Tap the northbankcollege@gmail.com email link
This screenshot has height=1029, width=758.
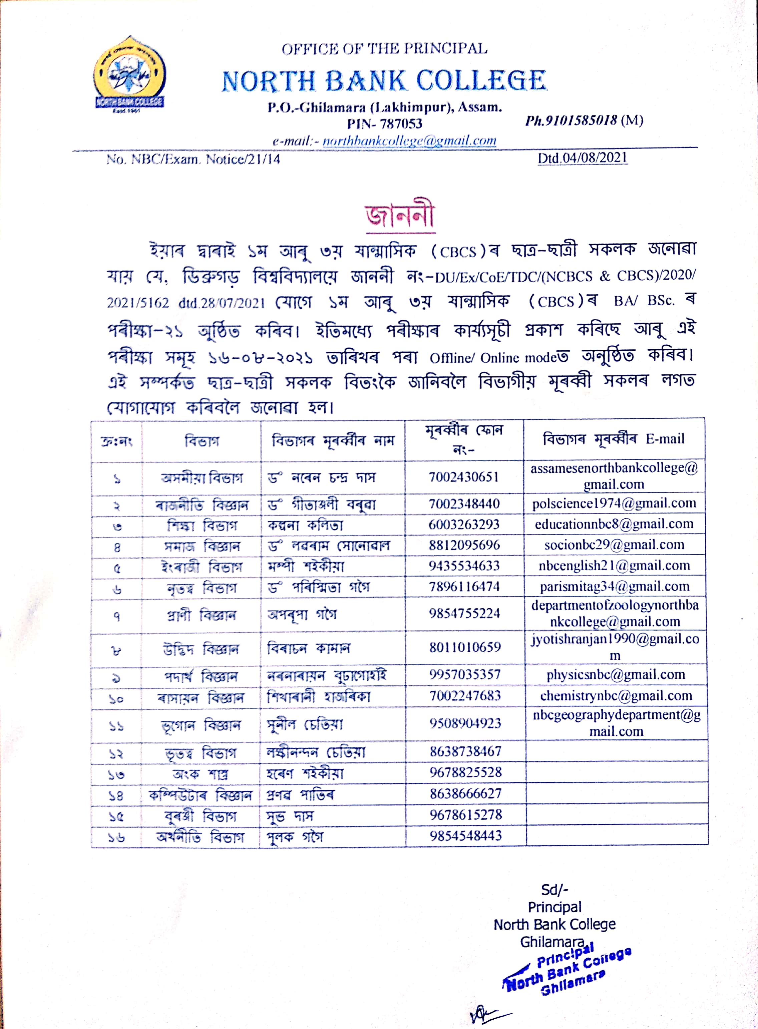(409, 141)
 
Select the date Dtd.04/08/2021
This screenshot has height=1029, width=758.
(582, 158)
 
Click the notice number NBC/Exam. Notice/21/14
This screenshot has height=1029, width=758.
(193, 159)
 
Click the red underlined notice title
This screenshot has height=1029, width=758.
(400, 216)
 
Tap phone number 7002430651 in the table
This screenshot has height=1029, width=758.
(463, 477)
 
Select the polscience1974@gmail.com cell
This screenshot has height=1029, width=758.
(614, 504)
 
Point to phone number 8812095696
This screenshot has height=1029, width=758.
(464, 545)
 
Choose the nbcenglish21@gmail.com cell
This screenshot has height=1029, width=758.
(614, 566)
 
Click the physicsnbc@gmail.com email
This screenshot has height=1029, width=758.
(615, 675)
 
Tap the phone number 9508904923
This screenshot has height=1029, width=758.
(465, 723)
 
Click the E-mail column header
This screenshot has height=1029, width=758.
(614, 439)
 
